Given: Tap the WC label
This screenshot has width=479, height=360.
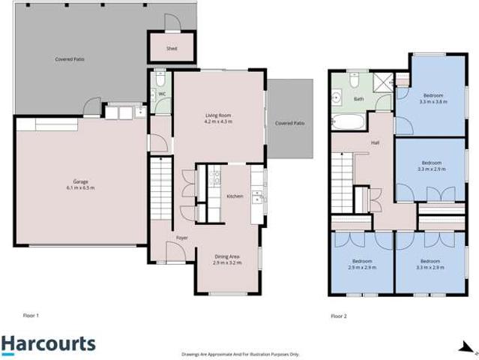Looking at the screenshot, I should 162,94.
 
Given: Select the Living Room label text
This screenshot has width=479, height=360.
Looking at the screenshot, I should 219,115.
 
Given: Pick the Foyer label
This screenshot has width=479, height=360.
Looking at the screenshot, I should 181,237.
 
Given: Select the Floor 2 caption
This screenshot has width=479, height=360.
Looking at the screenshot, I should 340,316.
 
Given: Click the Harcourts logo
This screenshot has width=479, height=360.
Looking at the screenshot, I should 48,344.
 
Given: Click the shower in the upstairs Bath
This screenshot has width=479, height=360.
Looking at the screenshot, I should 383,81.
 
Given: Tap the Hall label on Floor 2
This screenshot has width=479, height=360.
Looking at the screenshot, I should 374,142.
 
